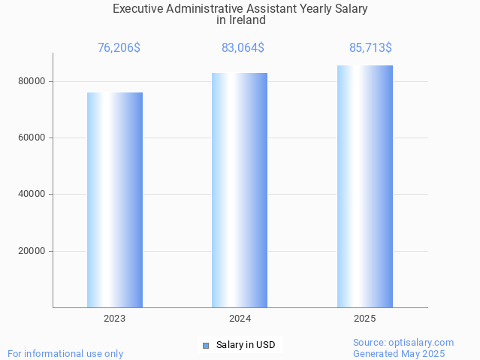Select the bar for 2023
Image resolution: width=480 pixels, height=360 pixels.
click(x=115, y=200)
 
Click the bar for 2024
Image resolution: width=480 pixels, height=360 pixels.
click(x=240, y=190)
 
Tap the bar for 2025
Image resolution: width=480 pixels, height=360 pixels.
click(x=365, y=186)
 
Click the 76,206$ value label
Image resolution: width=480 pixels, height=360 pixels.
click(x=119, y=48)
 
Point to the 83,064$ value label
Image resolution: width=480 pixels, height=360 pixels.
click(x=243, y=48)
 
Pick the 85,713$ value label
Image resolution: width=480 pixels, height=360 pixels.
click(x=370, y=48)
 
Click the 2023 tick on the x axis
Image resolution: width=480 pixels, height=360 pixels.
click(x=115, y=319)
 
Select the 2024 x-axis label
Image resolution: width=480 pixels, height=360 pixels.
click(x=240, y=319)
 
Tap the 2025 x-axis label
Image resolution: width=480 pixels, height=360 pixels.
click(x=365, y=319)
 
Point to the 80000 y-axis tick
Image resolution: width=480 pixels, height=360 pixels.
click(x=32, y=81)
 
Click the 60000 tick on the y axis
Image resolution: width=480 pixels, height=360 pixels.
click(x=32, y=138)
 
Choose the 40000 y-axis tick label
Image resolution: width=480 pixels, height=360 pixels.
click(x=32, y=195)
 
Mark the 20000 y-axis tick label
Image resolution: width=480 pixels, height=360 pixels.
click(x=32, y=251)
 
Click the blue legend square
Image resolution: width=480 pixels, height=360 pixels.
click(x=206, y=346)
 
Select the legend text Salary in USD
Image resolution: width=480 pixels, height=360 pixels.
click(x=246, y=346)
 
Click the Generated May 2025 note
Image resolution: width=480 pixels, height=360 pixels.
click(x=399, y=353)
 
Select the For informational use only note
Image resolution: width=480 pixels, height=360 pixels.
click(x=65, y=353)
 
